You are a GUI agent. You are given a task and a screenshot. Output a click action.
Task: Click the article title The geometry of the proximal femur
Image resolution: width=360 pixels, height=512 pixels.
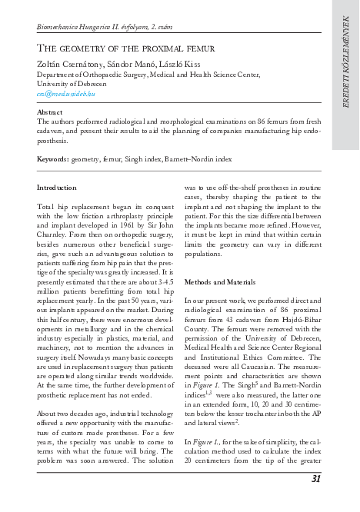point(125,48)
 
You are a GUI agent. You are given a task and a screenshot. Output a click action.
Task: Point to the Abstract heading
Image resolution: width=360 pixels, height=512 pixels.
point(50,112)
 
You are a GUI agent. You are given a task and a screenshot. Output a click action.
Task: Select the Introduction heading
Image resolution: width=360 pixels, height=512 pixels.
point(57,188)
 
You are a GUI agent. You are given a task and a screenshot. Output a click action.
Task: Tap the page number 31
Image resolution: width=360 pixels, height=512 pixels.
point(315,479)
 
